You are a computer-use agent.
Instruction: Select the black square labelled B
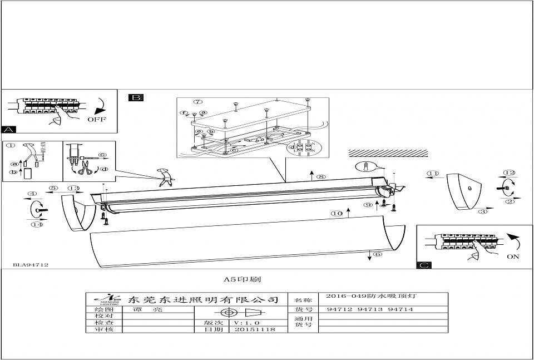(x=135, y=97)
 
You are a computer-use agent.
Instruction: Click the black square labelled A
(x=9, y=129)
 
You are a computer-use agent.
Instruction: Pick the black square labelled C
(x=424, y=265)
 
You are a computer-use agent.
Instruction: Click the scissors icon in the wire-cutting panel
(x=85, y=171)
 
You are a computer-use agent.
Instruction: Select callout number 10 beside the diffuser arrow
(x=336, y=213)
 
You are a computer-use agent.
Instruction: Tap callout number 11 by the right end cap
(x=432, y=174)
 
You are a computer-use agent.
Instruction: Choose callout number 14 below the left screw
(x=37, y=224)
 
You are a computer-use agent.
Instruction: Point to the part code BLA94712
(x=30, y=266)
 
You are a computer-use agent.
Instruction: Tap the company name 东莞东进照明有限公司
(x=202, y=299)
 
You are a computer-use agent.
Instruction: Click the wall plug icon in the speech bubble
(x=365, y=166)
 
